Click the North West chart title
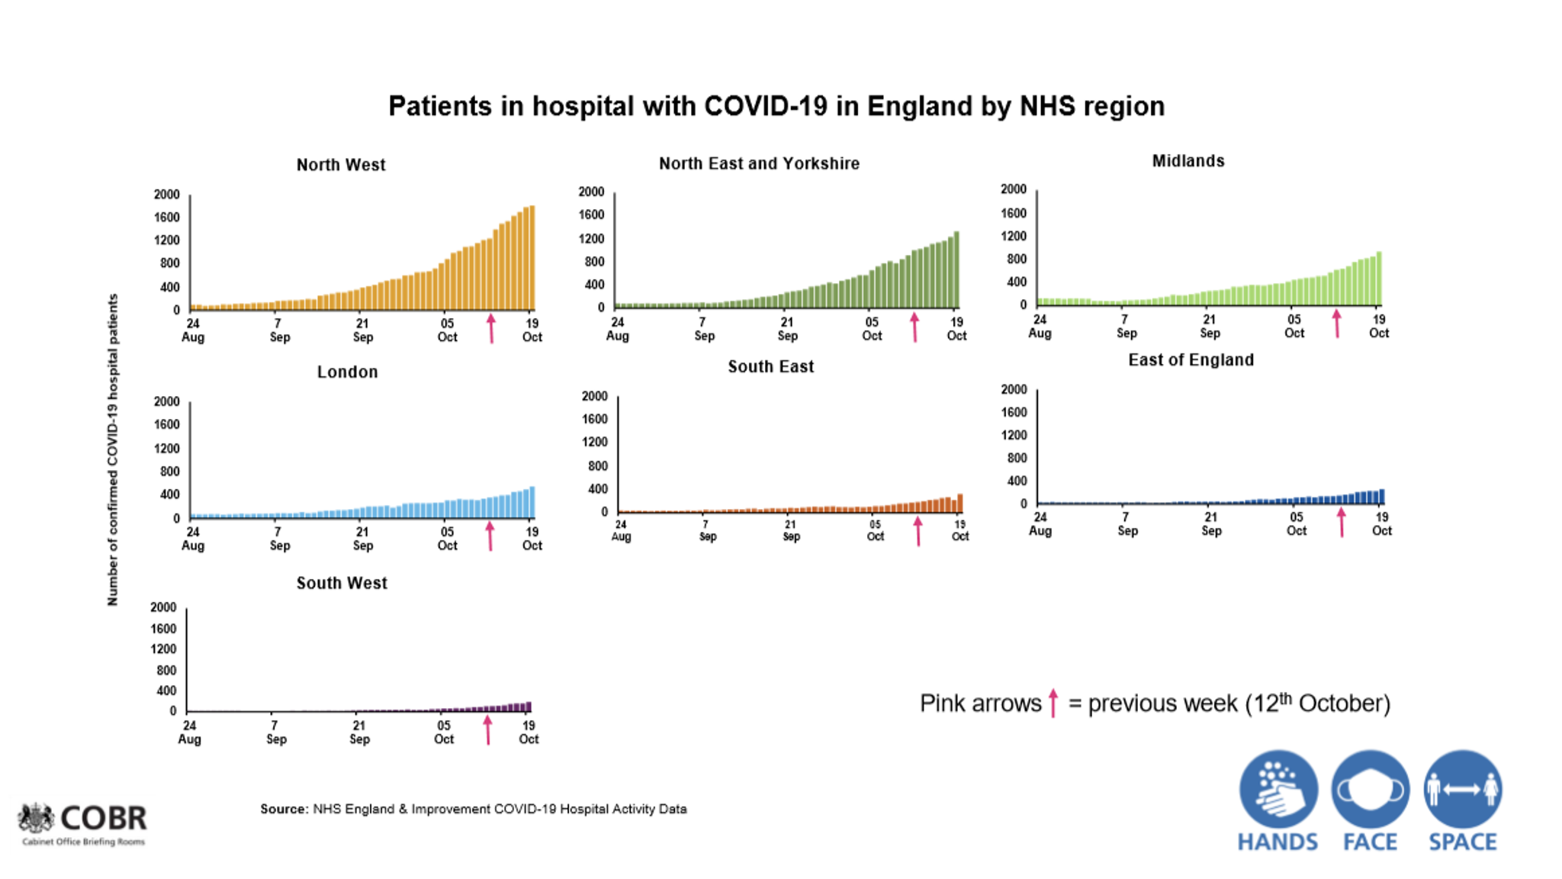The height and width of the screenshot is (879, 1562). coord(341,165)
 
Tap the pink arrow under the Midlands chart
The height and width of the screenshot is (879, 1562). coord(1336,324)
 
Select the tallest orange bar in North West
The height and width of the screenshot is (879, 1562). coord(532,257)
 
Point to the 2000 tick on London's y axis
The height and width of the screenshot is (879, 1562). coord(167,401)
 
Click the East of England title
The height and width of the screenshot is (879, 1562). coord(1191,360)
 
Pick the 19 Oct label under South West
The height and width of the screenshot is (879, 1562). coord(529,732)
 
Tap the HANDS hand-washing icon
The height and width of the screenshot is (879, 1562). coord(1278,789)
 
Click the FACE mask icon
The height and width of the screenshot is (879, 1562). coord(1371,789)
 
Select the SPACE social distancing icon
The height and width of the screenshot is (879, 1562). coord(1462,789)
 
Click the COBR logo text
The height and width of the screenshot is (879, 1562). coord(103,818)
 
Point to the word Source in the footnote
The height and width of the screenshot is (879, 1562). coord(284,809)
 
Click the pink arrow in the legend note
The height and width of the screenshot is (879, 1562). coord(1053,703)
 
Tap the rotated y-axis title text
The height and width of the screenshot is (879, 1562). coord(113,450)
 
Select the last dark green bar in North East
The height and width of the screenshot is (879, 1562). coord(956,269)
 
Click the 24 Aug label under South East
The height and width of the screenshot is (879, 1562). coord(621,530)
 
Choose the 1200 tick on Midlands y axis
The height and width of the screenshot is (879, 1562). coord(1014,236)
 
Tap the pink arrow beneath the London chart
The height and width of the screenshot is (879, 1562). coord(490,536)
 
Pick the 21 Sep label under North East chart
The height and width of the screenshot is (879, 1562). coord(787,329)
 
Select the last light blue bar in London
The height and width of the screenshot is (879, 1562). coord(532,502)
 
